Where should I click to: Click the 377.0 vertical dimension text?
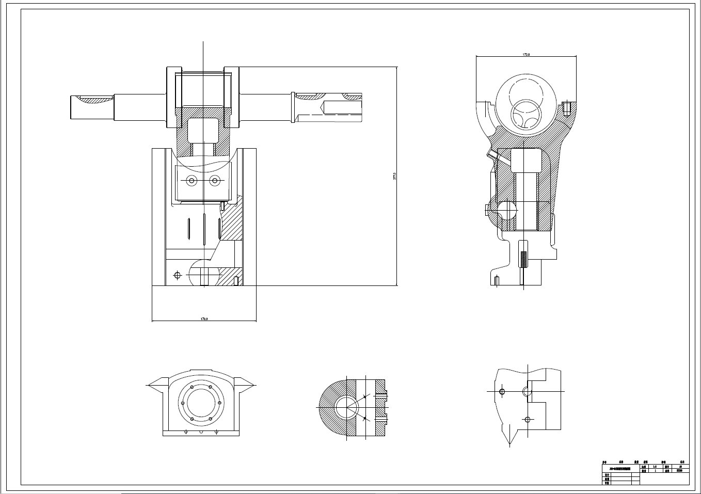click(395, 176)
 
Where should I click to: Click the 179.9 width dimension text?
click(204, 319)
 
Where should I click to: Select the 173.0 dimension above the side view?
click(526, 54)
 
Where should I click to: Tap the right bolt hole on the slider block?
click(215, 180)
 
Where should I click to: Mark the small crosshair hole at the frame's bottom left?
click(178, 275)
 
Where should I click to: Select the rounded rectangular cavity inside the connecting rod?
click(203, 130)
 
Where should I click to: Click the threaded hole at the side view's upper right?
click(566, 109)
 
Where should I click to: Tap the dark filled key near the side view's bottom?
click(523, 259)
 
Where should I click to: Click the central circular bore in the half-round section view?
click(346, 408)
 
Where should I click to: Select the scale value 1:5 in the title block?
click(655, 466)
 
